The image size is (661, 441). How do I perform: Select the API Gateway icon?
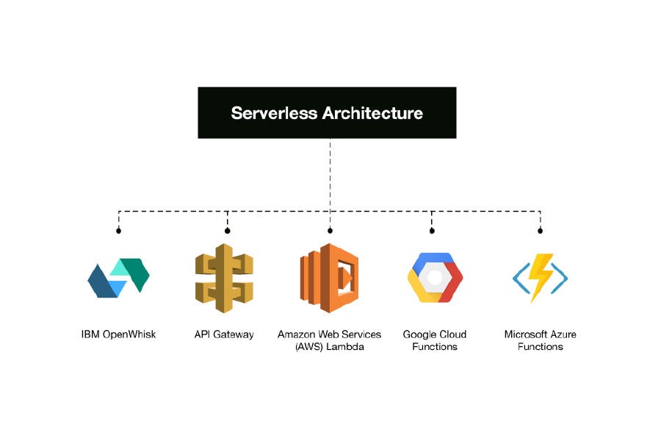(x=224, y=278)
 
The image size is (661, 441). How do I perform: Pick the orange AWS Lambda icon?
(x=329, y=278)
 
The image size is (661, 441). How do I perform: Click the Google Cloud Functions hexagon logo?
(x=435, y=278)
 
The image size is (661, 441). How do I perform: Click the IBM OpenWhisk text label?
(x=118, y=334)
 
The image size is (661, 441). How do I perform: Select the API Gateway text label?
(x=224, y=334)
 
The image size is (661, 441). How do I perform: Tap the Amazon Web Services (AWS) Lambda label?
(x=329, y=340)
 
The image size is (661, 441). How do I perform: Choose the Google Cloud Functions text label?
(x=435, y=340)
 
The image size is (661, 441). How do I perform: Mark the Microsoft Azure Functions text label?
(x=540, y=340)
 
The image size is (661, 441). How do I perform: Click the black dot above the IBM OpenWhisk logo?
(x=118, y=231)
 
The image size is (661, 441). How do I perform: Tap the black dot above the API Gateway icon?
(x=227, y=231)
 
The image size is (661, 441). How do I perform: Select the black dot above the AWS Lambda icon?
(x=330, y=231)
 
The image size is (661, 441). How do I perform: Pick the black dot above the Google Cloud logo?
(x=432, y=231)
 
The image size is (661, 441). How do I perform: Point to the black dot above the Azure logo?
(x=540, y=231)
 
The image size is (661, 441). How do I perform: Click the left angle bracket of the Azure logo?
(x=519, y=278)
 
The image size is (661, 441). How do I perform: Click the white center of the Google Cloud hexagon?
(x=435, y=278)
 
